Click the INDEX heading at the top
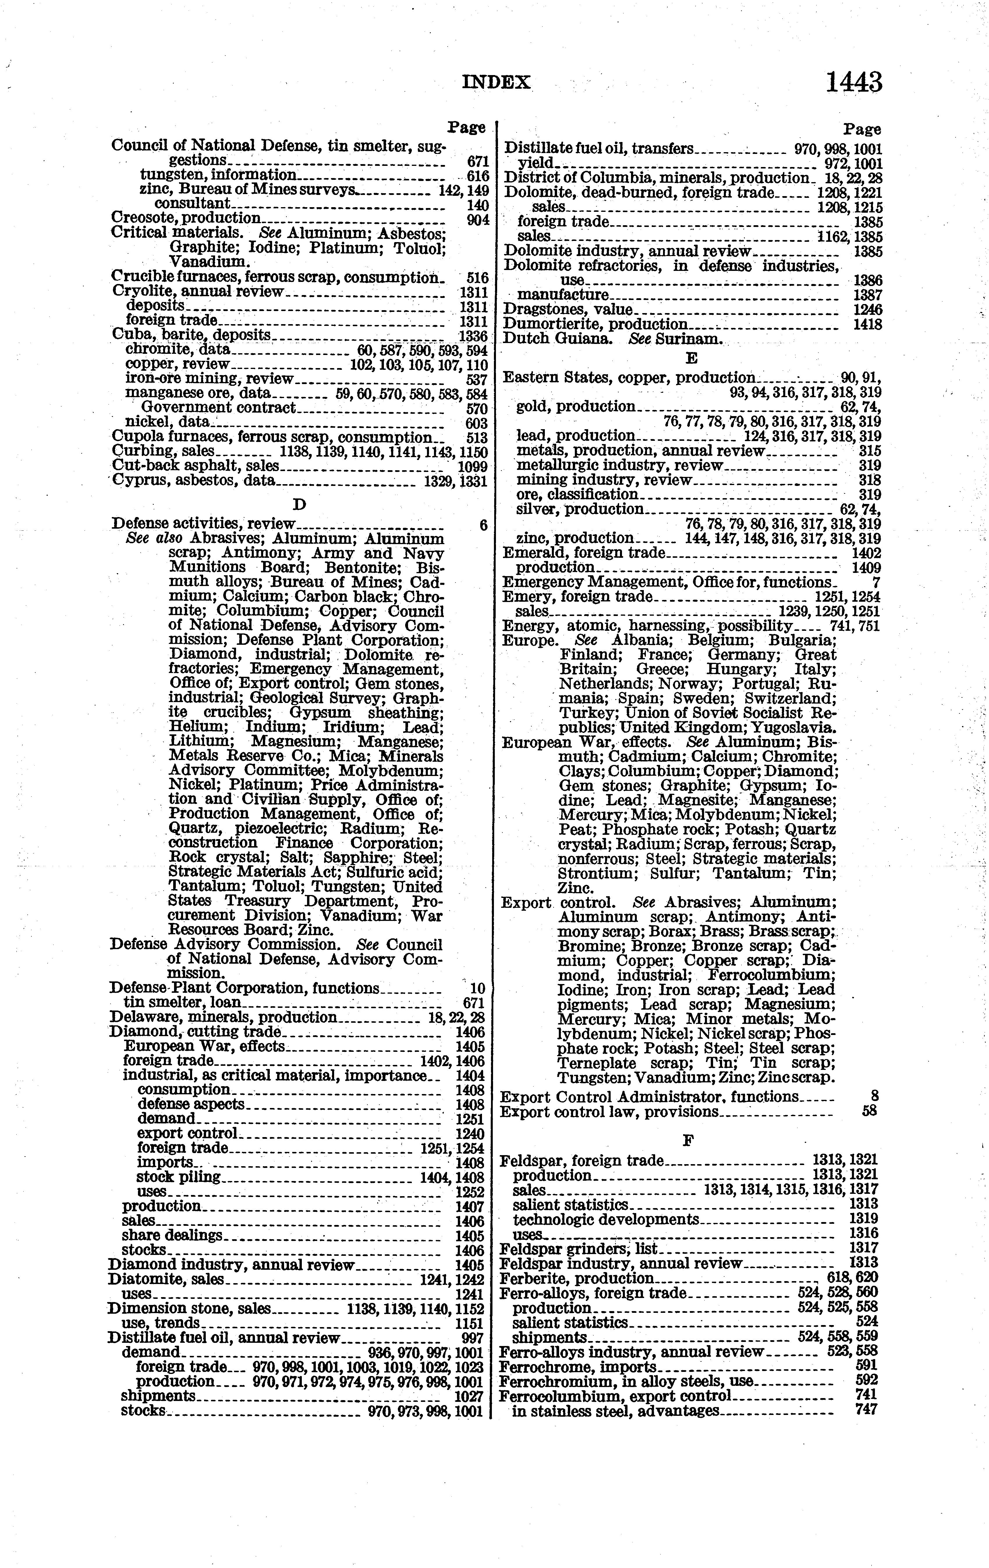coord(497,83)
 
